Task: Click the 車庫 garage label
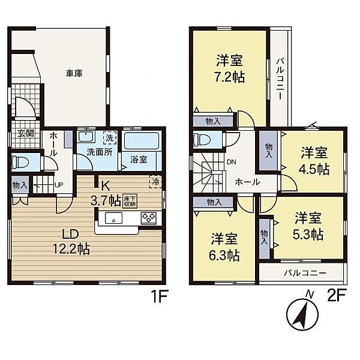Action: [74, 73]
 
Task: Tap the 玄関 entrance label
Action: [26, 133]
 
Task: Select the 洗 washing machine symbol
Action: [110, 138]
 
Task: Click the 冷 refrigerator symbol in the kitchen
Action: [156, 182]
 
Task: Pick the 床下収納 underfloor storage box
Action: [130, 201]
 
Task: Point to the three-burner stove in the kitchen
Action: [149, 218]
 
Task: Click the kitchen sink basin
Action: [113, 218]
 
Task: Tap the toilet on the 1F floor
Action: [20, 163]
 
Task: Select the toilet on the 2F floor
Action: [202, 140]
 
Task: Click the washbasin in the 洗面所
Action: [86, 137]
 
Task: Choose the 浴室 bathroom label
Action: [139, 160]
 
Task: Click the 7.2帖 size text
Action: [230, 77]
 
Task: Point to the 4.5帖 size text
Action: [314, 169]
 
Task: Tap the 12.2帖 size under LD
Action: [71, 249]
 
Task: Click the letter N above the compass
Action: [310, 295]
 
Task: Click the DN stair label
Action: [232, 162]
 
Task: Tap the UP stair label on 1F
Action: [59, 185]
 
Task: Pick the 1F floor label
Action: [160, 296]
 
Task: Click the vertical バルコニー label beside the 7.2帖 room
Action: [280, 79]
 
